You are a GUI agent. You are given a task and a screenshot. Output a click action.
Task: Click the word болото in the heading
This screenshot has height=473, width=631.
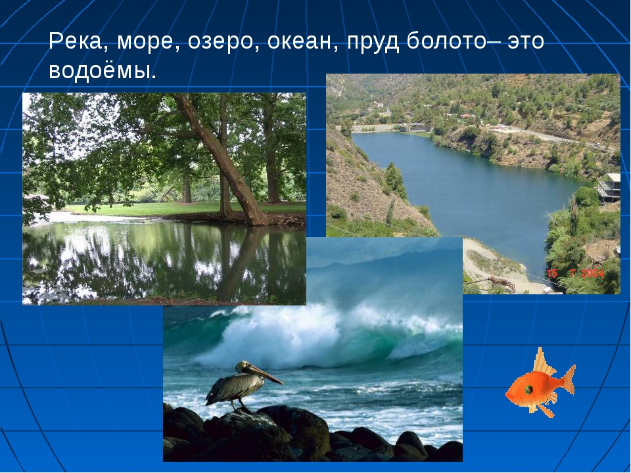click(x=446, y=41)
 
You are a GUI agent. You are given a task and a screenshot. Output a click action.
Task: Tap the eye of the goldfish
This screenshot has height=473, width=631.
click(x=529, y=389)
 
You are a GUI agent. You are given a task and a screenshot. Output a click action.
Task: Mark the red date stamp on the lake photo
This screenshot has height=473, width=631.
click(x=576, y=273)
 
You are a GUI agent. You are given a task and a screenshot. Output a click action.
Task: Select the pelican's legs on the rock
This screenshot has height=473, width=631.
click(x=237, y=403)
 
